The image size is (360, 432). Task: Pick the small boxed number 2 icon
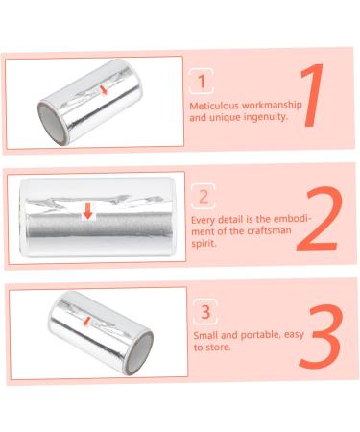point(203,198)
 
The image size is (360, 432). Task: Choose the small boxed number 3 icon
point(203,311)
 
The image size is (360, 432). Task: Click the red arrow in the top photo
point(104,89)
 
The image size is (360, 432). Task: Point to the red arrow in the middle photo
point(87,209)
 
